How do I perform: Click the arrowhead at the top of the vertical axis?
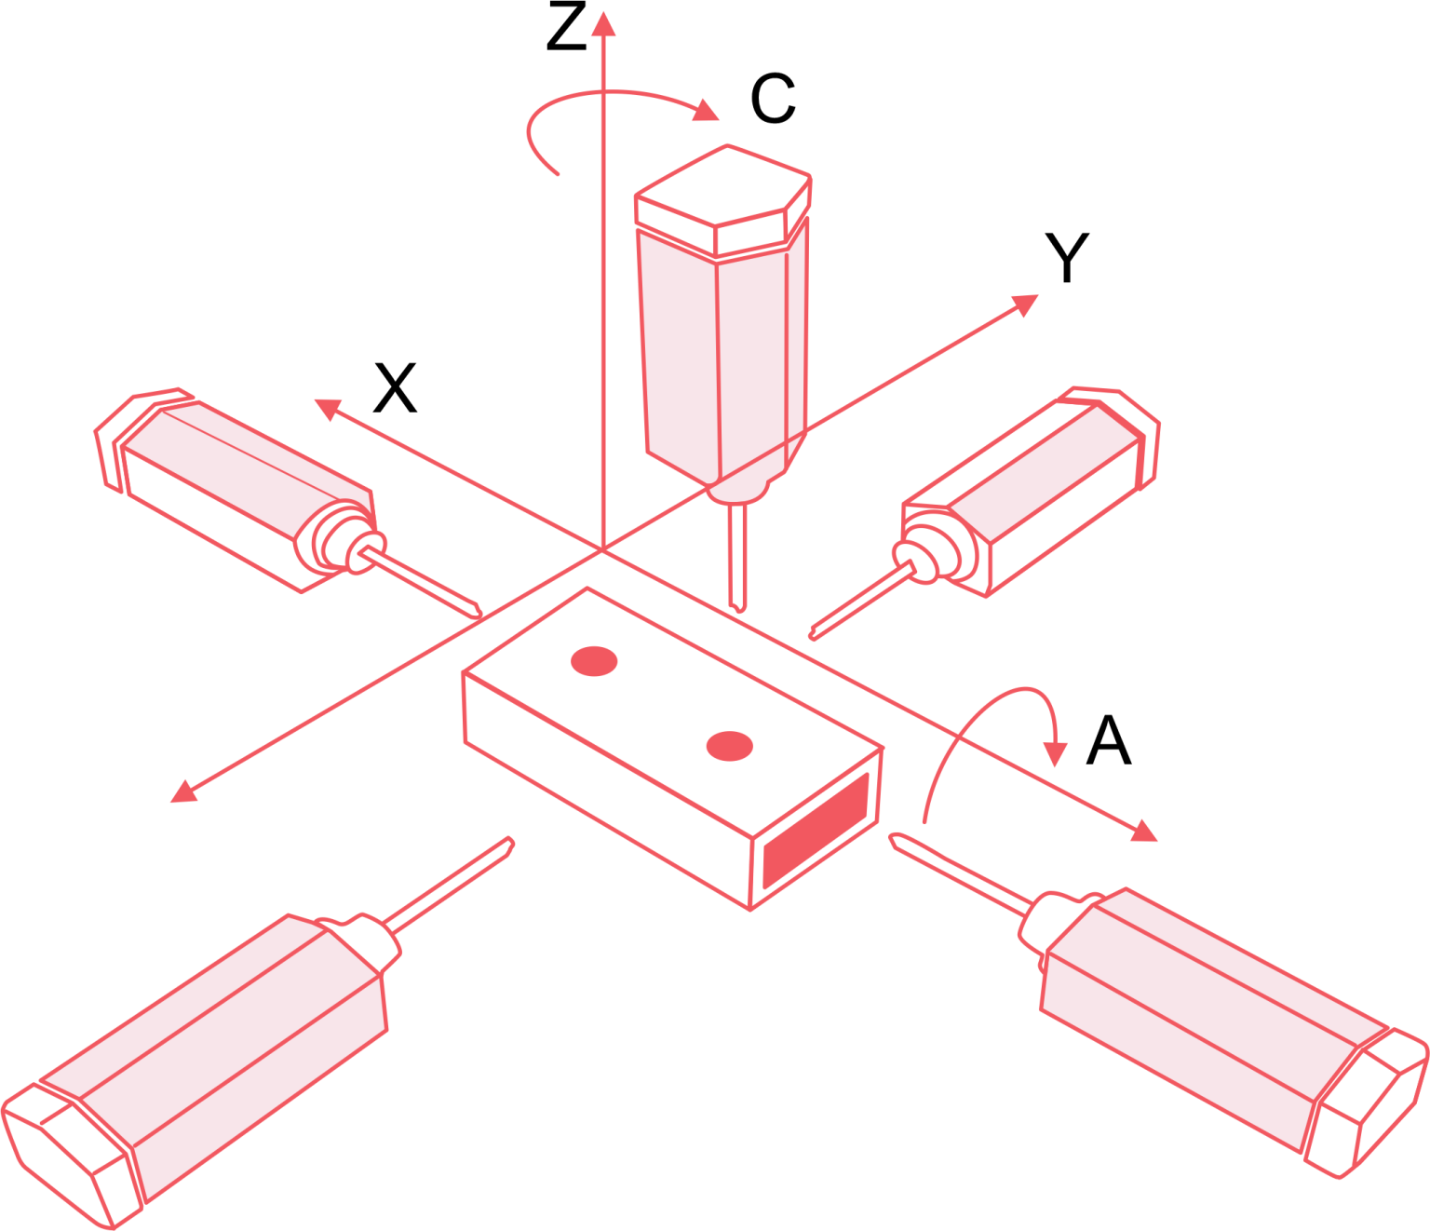coord(603,23)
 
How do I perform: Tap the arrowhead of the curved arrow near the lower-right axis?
coord(1055,753)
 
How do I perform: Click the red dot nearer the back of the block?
coord(594,661)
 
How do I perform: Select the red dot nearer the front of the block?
coord(729,746)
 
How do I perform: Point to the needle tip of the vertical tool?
coord(738,607)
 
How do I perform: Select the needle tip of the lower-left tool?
coord(509,842)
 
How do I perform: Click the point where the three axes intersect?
coord(603,550)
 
